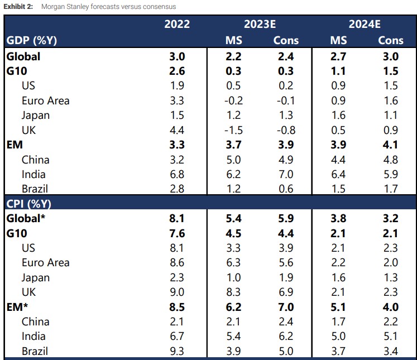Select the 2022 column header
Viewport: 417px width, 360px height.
[177, 24]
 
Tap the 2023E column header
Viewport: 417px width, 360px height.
[260, 24]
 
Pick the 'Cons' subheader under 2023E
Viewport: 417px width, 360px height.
[286, 40]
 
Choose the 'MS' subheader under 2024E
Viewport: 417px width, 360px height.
[338, 40]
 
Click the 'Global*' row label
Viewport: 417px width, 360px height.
[26, 218]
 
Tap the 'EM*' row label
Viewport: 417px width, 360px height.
[18, 306]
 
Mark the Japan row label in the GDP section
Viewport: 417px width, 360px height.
[36, 116]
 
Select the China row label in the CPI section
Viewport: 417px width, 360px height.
[36, 321]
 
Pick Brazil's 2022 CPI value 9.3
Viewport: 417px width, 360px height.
[177, 351]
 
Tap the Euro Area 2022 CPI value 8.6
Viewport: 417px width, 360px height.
[177, 263]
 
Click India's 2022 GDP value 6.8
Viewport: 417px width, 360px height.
[177, 174]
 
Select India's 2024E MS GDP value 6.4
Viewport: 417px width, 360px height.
[338, 174]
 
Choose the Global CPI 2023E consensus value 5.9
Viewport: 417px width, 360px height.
[286, 218]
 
